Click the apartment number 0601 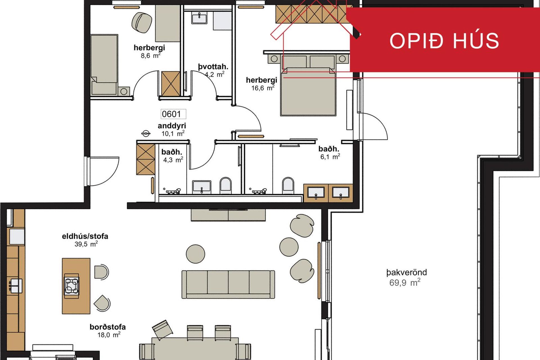click(171, 114)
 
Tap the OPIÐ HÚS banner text click(444, 41)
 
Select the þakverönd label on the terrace click(406, 272)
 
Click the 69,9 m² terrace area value click(405, 282)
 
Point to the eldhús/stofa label click(85, 236)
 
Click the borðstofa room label click(108, 327)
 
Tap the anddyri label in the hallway click(172, 126)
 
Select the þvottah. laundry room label click(213, 67)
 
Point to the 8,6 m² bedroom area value click(151, 55)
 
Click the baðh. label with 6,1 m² click(329, 149)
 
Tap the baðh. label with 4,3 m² click(172, 152)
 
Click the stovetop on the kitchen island click(72, 286)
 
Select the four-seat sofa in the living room click(228, 284)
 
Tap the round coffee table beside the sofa click(195, 254)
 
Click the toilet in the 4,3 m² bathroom click(226, 185)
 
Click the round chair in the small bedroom click(142, 22)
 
